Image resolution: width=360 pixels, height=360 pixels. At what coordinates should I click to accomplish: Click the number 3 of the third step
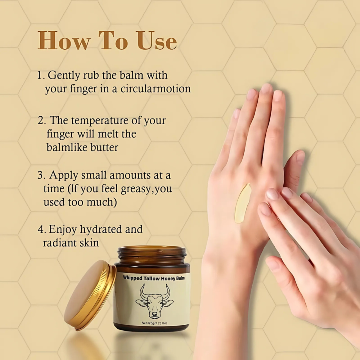pos(40,176)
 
